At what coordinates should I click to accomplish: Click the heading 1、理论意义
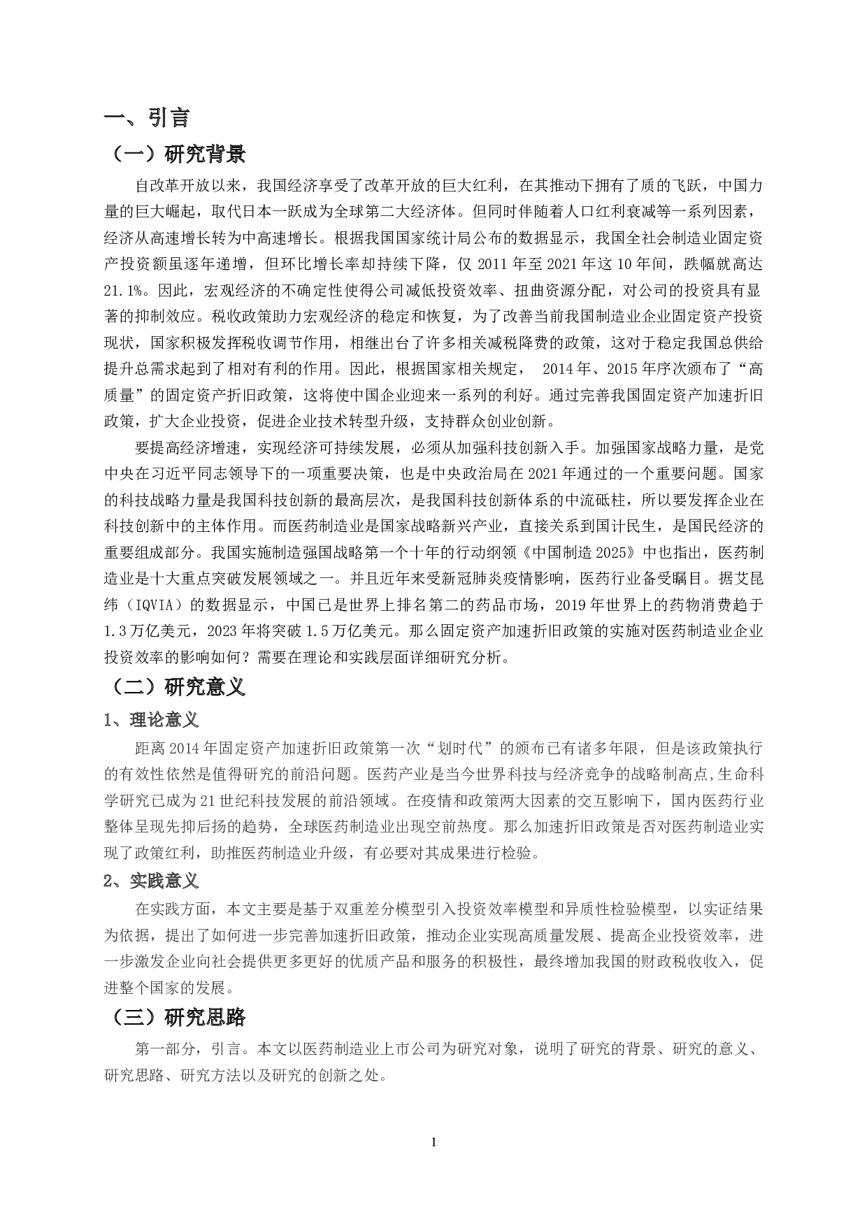click(151, 719)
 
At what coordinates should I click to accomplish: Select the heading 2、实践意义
click(151, 881)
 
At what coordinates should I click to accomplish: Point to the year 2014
click(184, 749)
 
